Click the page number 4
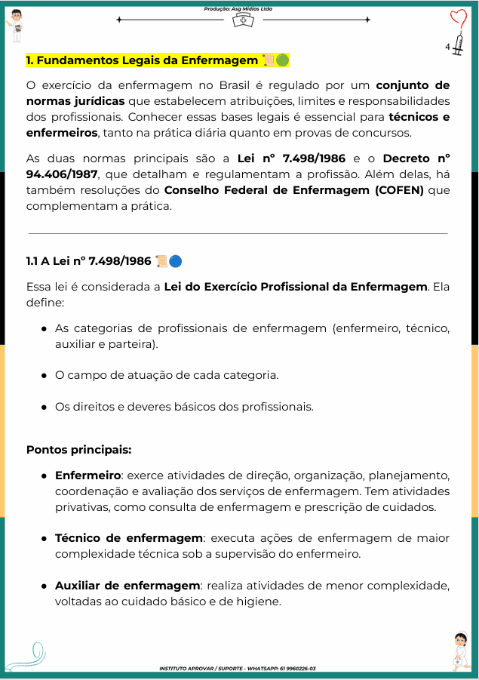447,47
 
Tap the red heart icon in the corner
459,18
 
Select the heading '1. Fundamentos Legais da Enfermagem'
142,60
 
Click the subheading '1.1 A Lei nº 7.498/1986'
88,261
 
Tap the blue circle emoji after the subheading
176,261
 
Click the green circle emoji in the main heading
282,60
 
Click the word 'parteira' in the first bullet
136,343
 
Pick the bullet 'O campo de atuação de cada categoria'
167,375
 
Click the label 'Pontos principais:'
78,450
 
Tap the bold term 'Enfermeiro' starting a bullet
88,475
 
